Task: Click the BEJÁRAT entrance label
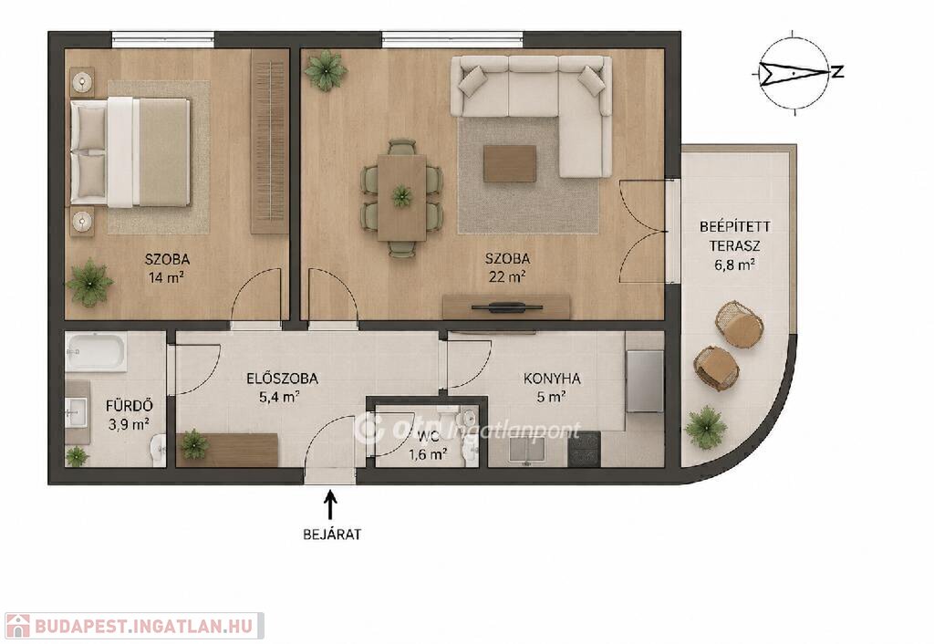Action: (x=332, y=535)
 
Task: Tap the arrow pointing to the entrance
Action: (x=330, y=504)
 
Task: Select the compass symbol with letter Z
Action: (x=798, y=73)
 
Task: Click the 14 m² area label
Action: (x=167, y=277)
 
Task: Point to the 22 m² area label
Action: (x=507, y=276)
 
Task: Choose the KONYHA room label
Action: (x=552, y=379)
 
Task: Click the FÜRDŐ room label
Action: (x=130, y=406)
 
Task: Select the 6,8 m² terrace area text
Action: (x=735, y=265)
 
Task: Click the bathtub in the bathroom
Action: (x=96, y=351)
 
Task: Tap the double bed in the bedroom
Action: (x=130, y=153)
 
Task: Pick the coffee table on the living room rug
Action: (x=509, y=164)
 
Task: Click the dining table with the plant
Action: (x=401, y=197)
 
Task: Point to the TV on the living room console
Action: (x=507, y=306)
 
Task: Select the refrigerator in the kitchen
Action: (x=645, y=381)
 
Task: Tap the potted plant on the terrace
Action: (x=706, y=425)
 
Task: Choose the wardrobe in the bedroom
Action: (x=269, y=141)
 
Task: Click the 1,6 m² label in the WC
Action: (x=428, y=455)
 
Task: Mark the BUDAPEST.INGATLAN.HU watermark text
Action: (x=143, y=626)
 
